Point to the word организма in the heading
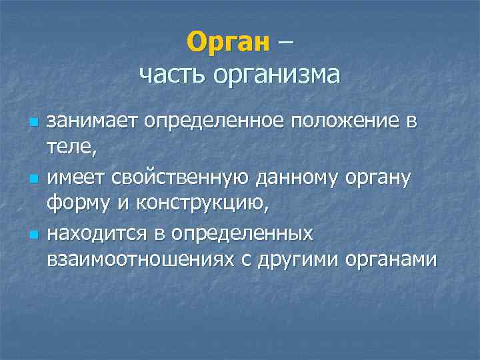(277, 75)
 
